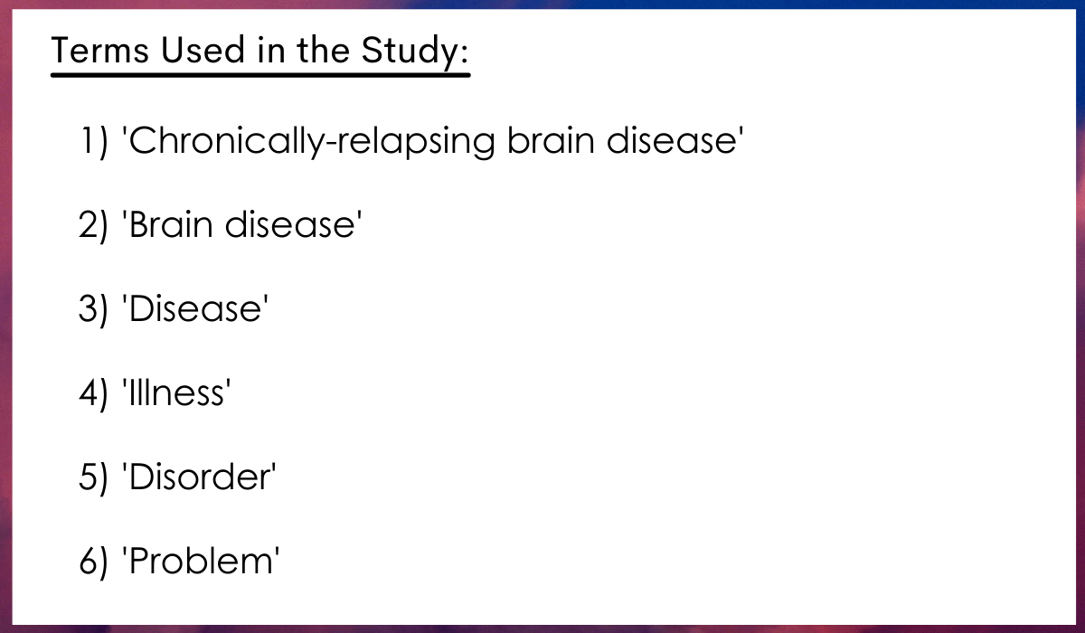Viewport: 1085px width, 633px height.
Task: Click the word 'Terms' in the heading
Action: [x=99, y=50]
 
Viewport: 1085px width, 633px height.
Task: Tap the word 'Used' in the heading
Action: [x=203, y=50]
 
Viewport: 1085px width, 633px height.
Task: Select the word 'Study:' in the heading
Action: [x=415, y=52]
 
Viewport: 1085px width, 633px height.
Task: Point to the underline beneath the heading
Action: [x=260, y=75]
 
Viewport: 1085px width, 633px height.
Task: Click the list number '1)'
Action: [x=94, y=141]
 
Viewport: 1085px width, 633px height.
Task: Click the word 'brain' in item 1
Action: [x=551, y=140]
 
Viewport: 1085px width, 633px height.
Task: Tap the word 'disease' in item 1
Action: [x=675, y=140]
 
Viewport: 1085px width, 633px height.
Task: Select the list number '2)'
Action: [x=93, y=225]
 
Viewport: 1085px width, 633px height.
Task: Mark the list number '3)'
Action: [x=93, y=308]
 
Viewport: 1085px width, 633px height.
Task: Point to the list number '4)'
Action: [x=93, y=392]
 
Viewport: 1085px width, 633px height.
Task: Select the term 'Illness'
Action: [x=176, y=392]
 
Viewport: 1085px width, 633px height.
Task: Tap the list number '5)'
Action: [x=93, y=477]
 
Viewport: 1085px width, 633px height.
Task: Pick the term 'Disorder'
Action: [x=199, y=476]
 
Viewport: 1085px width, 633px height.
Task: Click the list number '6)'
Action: [x=93, y=562]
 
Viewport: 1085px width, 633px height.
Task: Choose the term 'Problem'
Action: [x=201, y=561]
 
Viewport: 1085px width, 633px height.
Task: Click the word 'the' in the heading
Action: [x=323, y=50]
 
